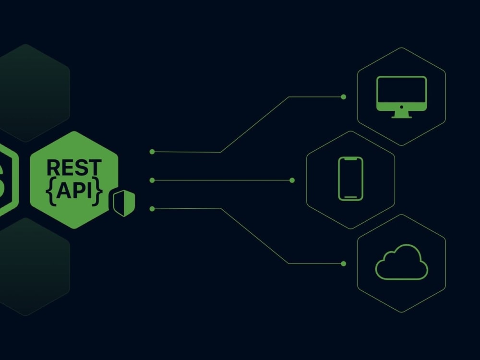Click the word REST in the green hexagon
[74, 167]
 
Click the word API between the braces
[74, 191]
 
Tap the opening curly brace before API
[51, 192]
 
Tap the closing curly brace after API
[97, 192]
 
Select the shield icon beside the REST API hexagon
[124, 203]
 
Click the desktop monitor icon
[401, 97]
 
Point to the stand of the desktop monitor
[401, 115]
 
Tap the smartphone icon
[350, 179]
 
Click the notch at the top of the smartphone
[350, 159]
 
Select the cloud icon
[401, 262]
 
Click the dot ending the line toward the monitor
[344, 97]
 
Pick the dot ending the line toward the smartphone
[292, 180]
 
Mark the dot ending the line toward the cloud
[344, 264]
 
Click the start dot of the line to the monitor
[152, 152]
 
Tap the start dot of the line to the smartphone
[152, 180]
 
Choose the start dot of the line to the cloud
[152, 209]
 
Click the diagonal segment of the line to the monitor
[255, 124]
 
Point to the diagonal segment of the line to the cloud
[255, 236]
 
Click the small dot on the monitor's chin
[401, 107]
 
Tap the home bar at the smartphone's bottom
[350, 197]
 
